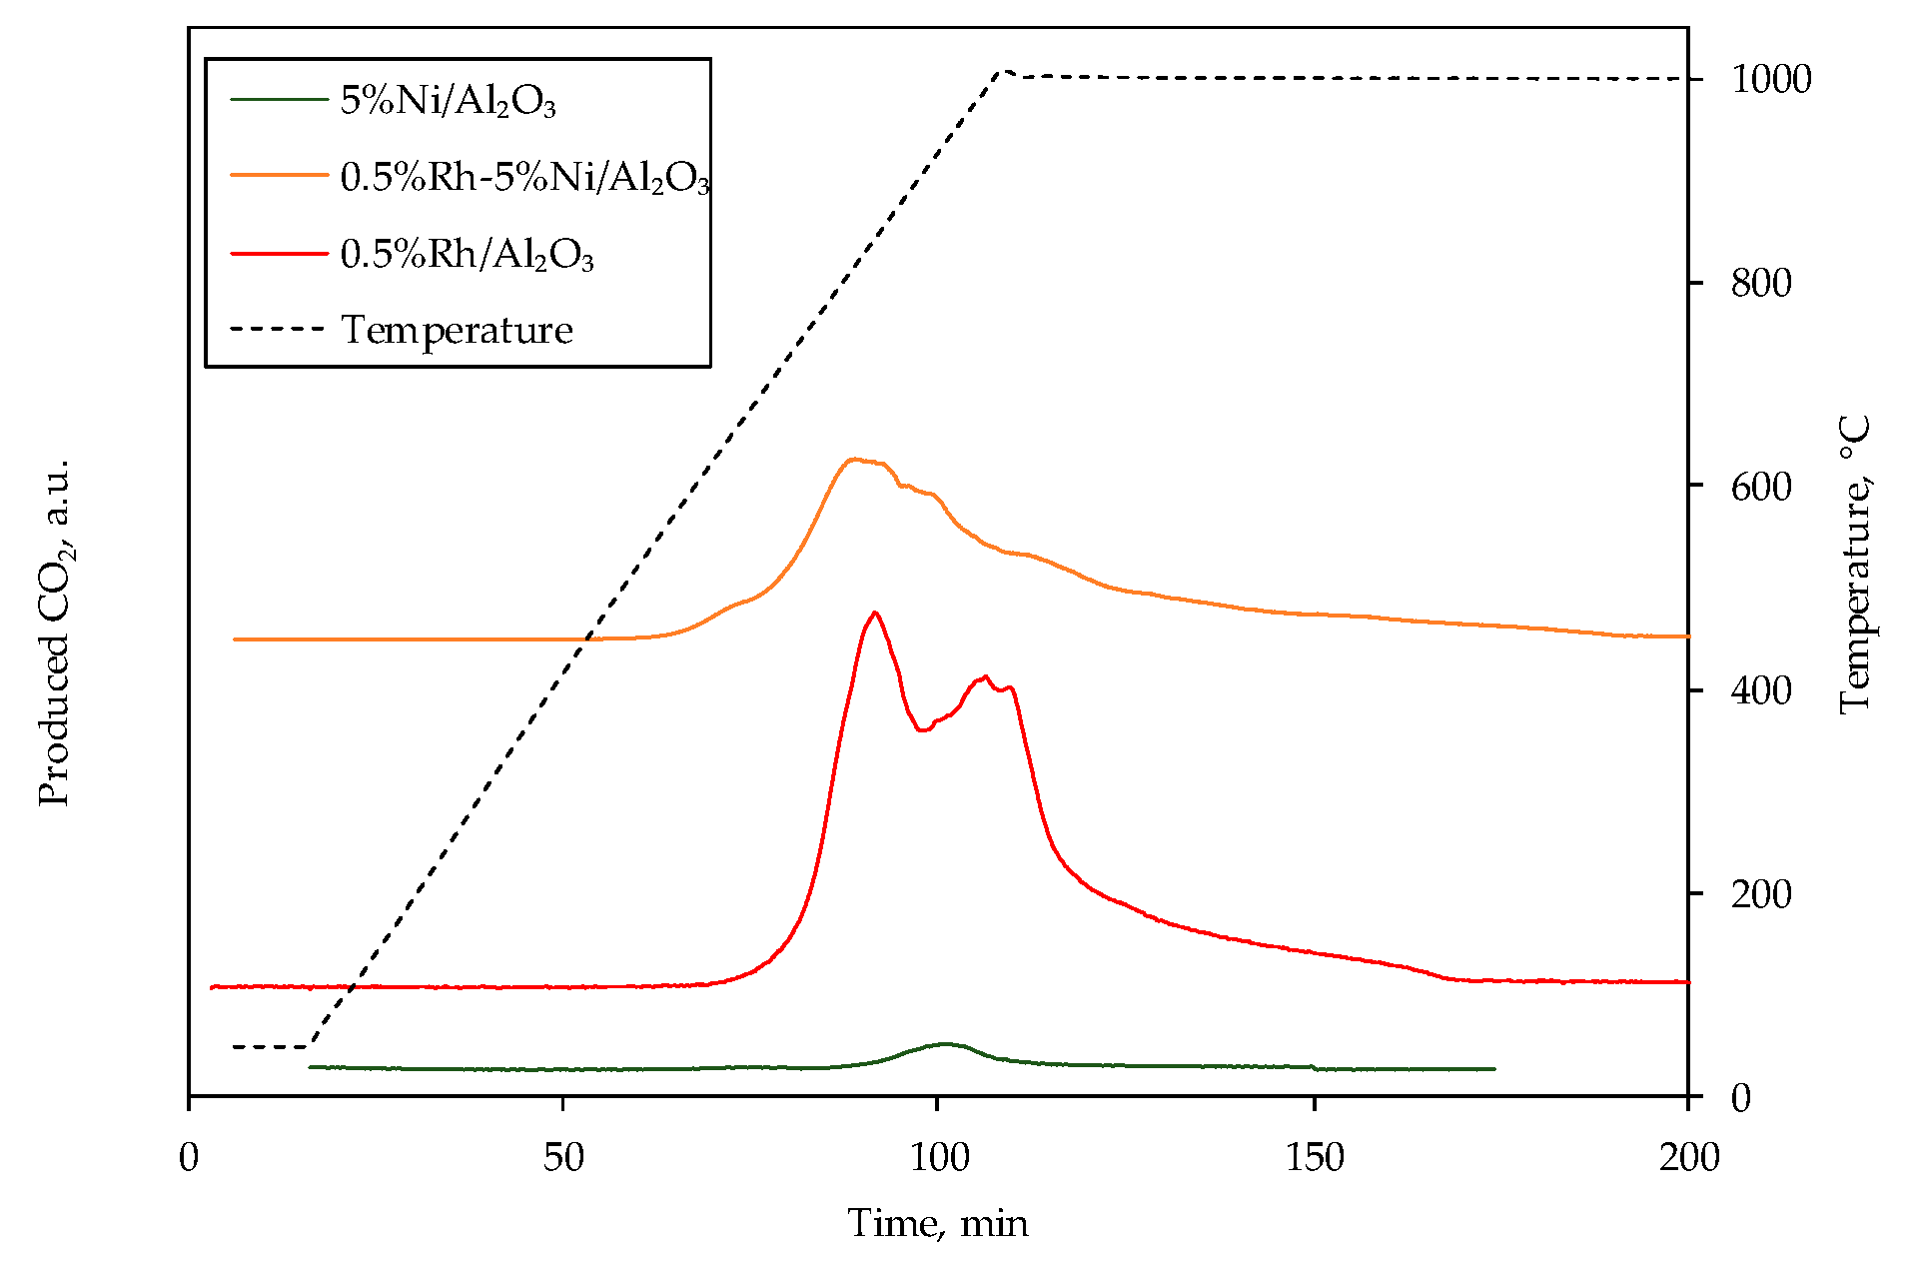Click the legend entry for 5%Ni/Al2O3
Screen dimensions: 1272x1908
[448, 100]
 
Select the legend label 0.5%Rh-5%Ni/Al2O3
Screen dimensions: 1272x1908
[524, 177]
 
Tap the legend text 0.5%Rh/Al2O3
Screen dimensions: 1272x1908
[467, 254]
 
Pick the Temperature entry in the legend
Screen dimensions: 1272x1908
[457, 330]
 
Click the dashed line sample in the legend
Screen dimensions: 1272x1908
[279, 329]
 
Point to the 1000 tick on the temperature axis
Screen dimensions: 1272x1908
[1770, 79]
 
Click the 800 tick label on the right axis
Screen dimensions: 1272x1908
[1760, 283]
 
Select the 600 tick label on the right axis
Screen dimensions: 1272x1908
[1760, 487]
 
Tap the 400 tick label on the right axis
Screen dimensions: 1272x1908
[1760, 690]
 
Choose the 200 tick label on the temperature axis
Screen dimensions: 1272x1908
[1760, 894]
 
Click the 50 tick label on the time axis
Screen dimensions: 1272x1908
[563, 1158]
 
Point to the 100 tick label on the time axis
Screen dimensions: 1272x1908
[939, 1158]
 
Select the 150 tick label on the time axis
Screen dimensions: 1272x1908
[1314, 1158]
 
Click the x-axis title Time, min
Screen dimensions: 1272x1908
[937, 1223]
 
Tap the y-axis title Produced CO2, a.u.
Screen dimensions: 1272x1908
[56, 632]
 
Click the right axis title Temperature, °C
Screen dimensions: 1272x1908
[1854, 565]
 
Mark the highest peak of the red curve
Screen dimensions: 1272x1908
[875, 613]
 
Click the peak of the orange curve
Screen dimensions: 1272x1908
[852, 460]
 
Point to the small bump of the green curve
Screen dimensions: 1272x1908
[945, 1044]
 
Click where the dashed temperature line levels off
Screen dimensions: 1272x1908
[1006, 73]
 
